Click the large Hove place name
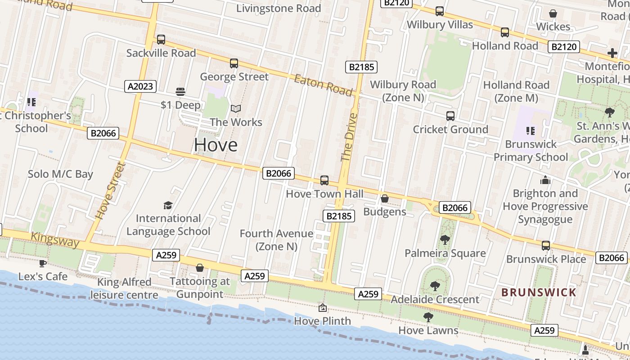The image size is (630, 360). (x=216, y=144)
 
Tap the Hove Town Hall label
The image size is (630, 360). (x=324, y=194)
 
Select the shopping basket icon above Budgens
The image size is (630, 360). (x=385, y=198)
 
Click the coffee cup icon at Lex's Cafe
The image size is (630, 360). (x=43, y=263)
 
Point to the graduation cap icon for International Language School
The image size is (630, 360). (x=168, y=206)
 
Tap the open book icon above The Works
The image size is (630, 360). (x=236, y=108)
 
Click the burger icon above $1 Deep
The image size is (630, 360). (x=180, y=92)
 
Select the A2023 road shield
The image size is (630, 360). (x=140, y=86)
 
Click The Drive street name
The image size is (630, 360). (x=349, y=137)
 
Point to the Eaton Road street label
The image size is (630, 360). (x=323, y=85)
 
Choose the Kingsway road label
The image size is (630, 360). (x=55, y=239)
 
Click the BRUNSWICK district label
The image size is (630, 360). (x=539, y=292)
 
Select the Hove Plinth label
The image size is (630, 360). (x=322, y=321)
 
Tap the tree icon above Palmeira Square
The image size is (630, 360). (x=445, y=240)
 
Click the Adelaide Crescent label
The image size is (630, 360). (x=435, y=299)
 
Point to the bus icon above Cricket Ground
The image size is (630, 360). (x=450, y=116)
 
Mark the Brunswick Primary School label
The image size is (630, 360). (x=531, y=151)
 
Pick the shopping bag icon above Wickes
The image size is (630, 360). (x=553, y=14)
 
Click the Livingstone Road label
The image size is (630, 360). (x=279, y=8)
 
